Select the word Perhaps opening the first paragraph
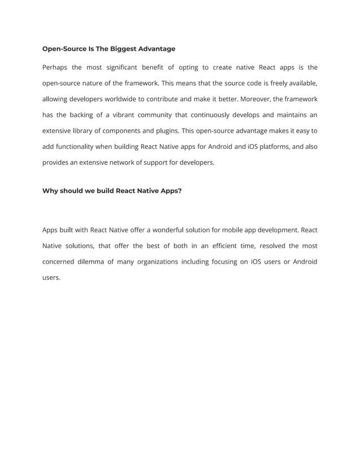coord(55,68)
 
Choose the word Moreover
coord(257,99)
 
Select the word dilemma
coord(94,262)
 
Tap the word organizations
coord(153,262)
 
